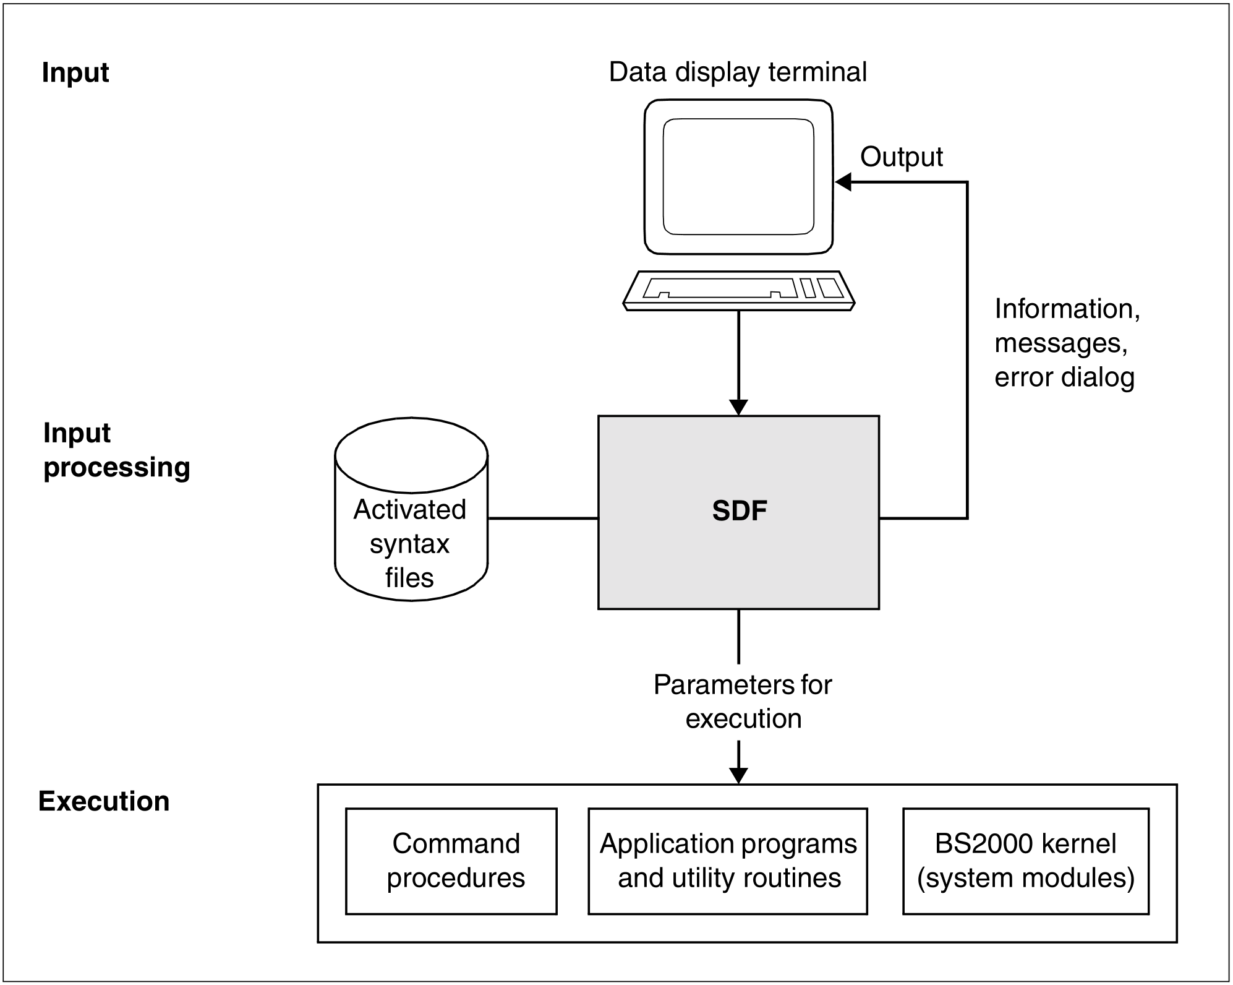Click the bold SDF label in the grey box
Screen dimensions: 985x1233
pos(739,511)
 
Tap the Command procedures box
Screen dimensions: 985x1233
pos(451,861)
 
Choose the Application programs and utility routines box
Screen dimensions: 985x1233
pos(727,861)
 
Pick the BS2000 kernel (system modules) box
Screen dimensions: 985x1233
pos(1025,861)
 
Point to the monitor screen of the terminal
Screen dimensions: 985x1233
pos(738,177)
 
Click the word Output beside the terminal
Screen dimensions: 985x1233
pos(901,157)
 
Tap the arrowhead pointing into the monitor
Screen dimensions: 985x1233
pos(843,182)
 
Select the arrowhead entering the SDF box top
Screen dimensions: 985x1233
pos(738,408)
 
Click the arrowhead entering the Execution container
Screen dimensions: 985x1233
pos(738,776)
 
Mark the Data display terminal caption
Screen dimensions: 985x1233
pos(737,72)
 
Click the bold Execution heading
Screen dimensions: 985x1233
pos(104,801)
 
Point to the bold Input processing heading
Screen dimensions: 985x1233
pos(116,450)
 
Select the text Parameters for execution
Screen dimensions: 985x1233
pos(742,702)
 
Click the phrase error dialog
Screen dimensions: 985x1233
pos(1064,377)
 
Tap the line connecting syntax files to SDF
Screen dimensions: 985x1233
pos(542,518)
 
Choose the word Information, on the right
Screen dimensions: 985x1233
pos(1067,309)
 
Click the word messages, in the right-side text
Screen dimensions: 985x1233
pos(1060,343)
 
